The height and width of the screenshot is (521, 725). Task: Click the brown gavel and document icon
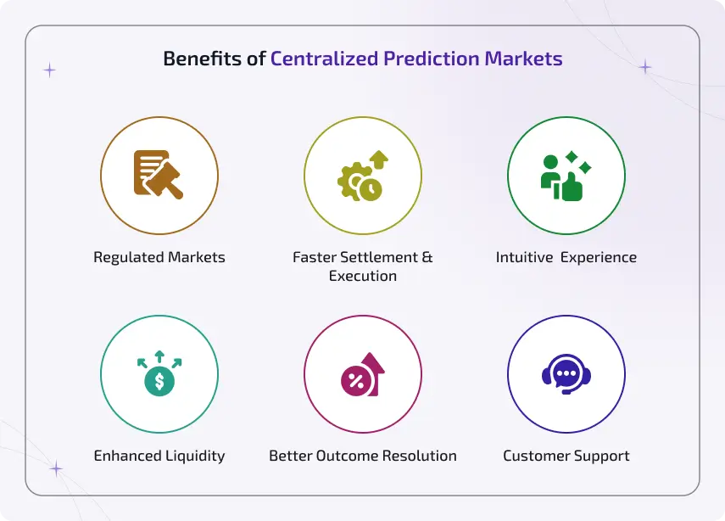coord(159,175)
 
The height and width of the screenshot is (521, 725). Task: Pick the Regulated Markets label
coord(159,257)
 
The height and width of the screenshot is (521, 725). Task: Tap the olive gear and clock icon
coord(362,175)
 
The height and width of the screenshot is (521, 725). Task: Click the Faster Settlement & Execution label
coord(363,266)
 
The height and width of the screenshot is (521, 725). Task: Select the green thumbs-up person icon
coord(566,175)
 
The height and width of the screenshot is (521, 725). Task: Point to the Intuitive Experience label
coord(566,257)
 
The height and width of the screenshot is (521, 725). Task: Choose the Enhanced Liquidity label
coord(159,456)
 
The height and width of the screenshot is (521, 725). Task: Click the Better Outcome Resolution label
coord(363,456)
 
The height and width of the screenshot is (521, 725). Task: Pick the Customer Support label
coord(566,456)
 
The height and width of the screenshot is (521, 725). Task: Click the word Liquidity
coord(195,456)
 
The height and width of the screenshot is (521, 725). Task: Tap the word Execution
coord(363,276)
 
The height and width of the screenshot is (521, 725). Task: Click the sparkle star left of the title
coord(49,70)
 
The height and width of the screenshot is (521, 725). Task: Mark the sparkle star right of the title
coord(645,67)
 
